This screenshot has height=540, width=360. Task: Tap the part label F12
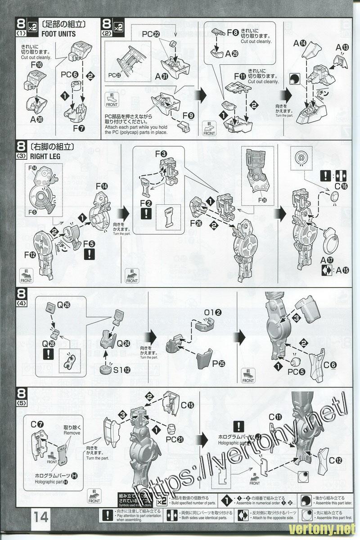[31, 255]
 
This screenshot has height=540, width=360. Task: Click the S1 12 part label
[122, 370]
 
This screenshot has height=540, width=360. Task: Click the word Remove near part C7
[72, 432]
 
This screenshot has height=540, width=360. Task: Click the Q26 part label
[63, 306]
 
